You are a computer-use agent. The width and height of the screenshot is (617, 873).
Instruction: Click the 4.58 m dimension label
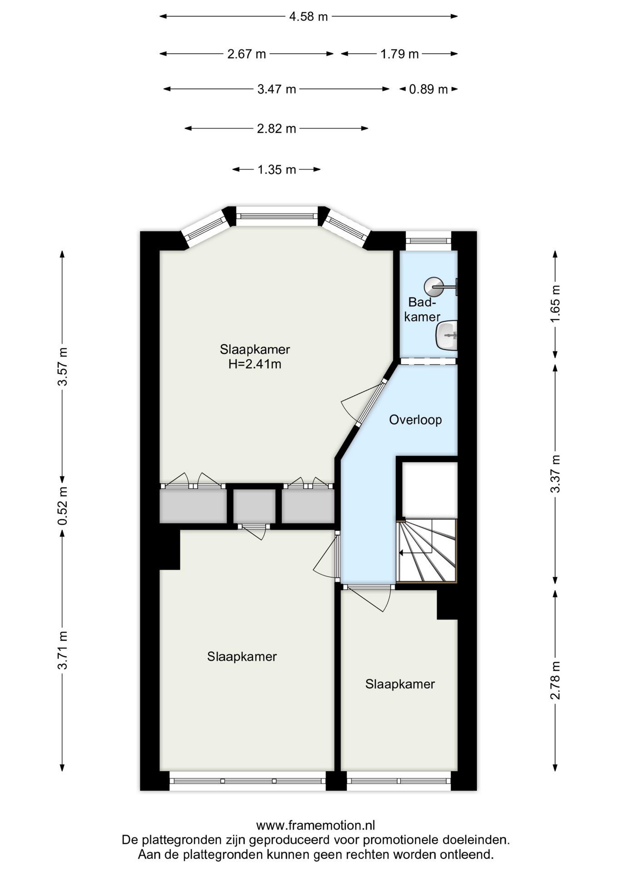[x=308, y=17]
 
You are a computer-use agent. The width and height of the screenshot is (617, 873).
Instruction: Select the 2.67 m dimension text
[x=247, y=54]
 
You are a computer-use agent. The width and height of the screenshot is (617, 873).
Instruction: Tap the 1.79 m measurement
[x=399, y=54]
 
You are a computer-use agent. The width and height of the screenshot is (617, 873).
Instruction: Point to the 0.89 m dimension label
[x=428, y=89]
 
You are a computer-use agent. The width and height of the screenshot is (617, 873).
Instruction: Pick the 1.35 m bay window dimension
[x=277, y=170]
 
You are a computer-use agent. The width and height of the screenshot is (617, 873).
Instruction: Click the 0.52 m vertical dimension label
[x=63, y=506]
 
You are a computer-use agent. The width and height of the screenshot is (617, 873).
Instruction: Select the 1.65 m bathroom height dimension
[x=555, y=304]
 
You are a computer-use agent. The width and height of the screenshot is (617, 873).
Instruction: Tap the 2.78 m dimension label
[x=555, y=681]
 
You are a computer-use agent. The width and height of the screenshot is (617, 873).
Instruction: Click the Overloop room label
[x=415, y=420]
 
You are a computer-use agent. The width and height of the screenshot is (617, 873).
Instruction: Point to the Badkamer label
[x=422, y=310]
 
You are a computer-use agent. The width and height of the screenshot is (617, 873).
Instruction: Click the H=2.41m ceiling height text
[x=255, y=364]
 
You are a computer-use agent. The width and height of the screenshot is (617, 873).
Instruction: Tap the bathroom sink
[x=447, y=336]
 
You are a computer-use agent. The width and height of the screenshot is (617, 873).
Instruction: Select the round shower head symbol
[x=433, y=287]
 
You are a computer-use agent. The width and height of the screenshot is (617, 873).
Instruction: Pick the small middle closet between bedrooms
[x=254, y=506]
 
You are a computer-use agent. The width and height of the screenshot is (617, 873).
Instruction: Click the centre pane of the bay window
[x=277, y=216]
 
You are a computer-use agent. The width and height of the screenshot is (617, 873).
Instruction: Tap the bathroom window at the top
[x=428, y=241]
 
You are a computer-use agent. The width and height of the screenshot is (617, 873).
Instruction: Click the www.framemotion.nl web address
[x=316, y=825]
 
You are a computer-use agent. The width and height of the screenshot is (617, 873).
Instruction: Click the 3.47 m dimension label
[x=277, y=89]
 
